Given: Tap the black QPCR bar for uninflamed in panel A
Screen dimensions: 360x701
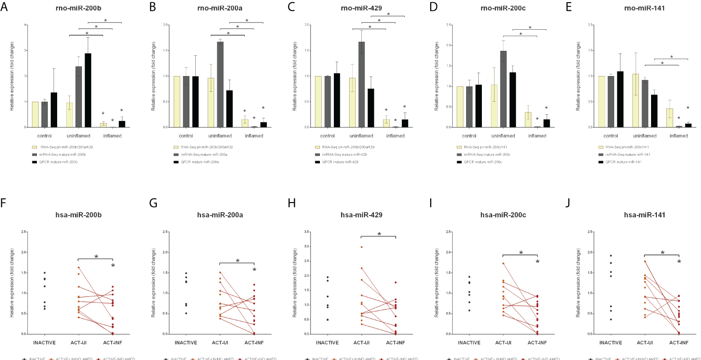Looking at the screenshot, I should click(x=88, y=90).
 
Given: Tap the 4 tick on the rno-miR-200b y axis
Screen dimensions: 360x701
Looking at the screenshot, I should click(x=25, y=25).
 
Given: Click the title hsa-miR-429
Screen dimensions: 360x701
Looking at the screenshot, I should click(x=361, y=215).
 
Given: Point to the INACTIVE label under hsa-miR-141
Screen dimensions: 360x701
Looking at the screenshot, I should click(x=611, y=342).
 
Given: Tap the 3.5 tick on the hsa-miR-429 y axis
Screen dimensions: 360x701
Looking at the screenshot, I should click(x=307, y=232).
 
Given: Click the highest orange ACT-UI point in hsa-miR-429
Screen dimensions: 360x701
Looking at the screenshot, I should click(x=361, y=247).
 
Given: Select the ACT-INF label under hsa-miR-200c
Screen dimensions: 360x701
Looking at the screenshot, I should click(x=537, y=342).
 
